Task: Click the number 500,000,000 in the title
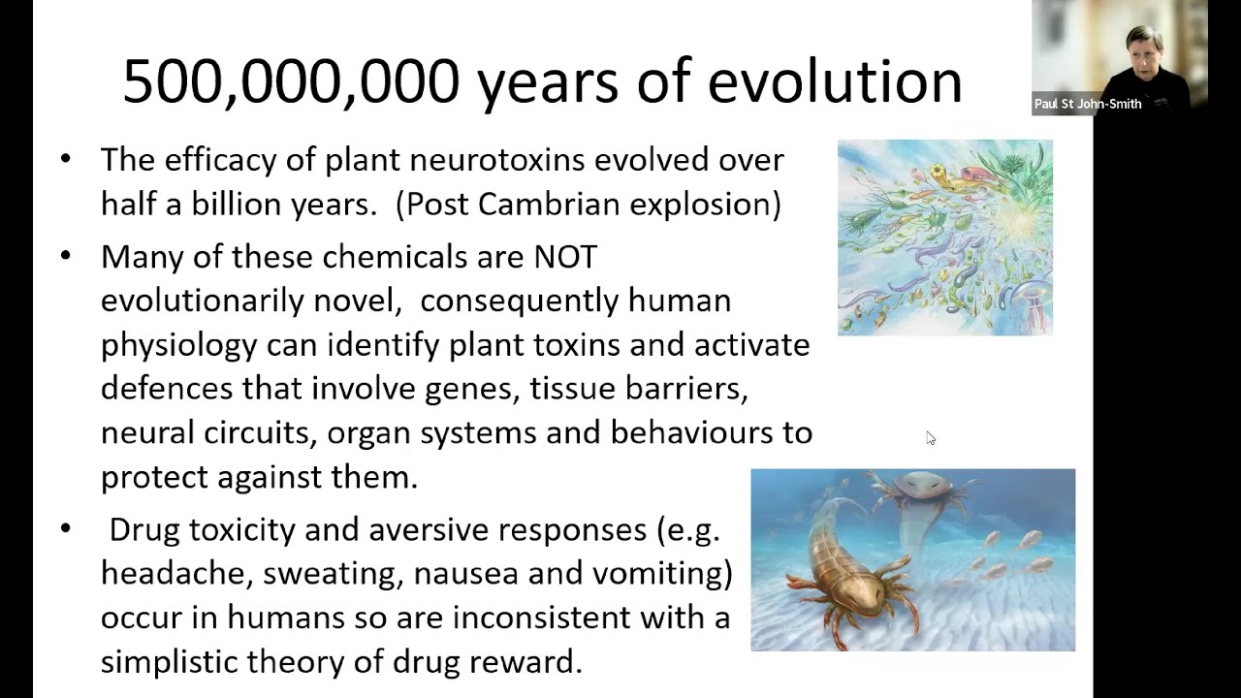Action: point(292,82)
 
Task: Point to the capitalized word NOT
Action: point(565,257)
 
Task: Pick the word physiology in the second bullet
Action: point(179,346)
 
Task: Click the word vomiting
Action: point(656,574)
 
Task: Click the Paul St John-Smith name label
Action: point(1088,104)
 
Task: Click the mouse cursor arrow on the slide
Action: point(930,437)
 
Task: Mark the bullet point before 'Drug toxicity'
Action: point(65,527)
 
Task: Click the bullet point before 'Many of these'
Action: point(65,255)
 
